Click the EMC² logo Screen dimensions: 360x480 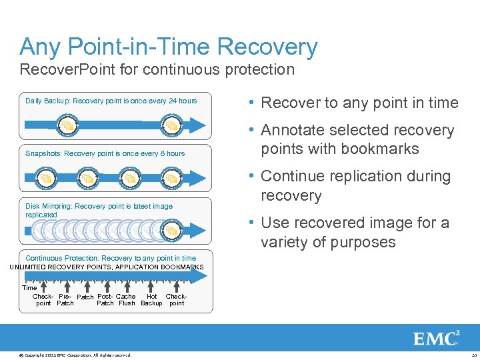tap(437, 339)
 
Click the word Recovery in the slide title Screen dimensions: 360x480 tap(268, 47)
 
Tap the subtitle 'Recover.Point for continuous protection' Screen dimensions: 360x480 tap(157, 69)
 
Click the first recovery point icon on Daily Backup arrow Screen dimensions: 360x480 tap(67, 125)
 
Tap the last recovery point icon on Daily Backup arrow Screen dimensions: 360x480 tap(171, 125)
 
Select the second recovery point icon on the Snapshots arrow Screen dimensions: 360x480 tap(87, 179)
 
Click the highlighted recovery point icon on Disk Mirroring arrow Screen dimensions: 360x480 tap(171, 231)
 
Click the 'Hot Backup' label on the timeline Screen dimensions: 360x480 tap(151, 300)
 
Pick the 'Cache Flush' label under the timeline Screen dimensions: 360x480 tap(126, 300)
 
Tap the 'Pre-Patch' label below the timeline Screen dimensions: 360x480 tap(65, 300)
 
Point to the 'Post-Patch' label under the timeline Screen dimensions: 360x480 tap(105, 300)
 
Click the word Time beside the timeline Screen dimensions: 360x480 tap(29, 288)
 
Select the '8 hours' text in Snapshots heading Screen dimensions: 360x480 tap(171, 153)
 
